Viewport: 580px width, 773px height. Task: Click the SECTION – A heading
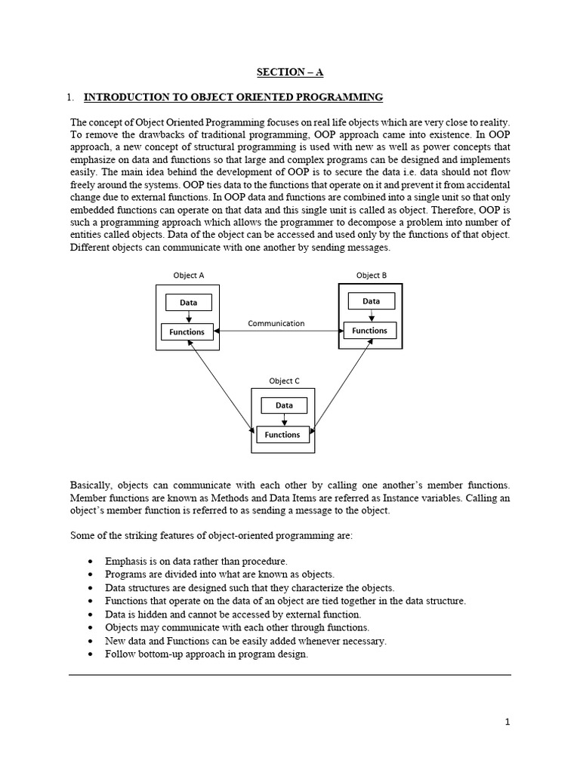tap(289, 72)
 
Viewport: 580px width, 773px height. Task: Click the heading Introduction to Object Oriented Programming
tap(233, 97)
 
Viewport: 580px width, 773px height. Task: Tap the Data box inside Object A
tap(189, 303)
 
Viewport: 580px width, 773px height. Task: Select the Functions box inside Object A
tap(187, 331)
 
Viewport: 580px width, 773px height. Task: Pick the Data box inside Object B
tap(371, 301)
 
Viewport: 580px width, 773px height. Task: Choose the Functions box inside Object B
tap(369, 331)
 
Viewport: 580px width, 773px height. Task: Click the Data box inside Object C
tap(284, 405)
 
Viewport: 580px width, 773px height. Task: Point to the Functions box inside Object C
tap(282, 435)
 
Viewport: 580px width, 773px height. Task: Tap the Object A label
tap(189, 276)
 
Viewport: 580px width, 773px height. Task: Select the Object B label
tap(371, 276)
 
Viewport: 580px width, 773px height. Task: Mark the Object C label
tap(284, 380)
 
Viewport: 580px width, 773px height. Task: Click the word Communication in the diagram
tap(276, 323)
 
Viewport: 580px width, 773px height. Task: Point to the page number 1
tap(507, 722)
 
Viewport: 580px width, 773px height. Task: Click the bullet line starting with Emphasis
tap(196, 561)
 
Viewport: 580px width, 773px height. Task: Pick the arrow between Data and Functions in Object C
tap(283, 420)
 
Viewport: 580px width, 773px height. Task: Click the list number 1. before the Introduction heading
tap(70, 97)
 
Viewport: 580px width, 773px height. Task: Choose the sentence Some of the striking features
tap(211, 535)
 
